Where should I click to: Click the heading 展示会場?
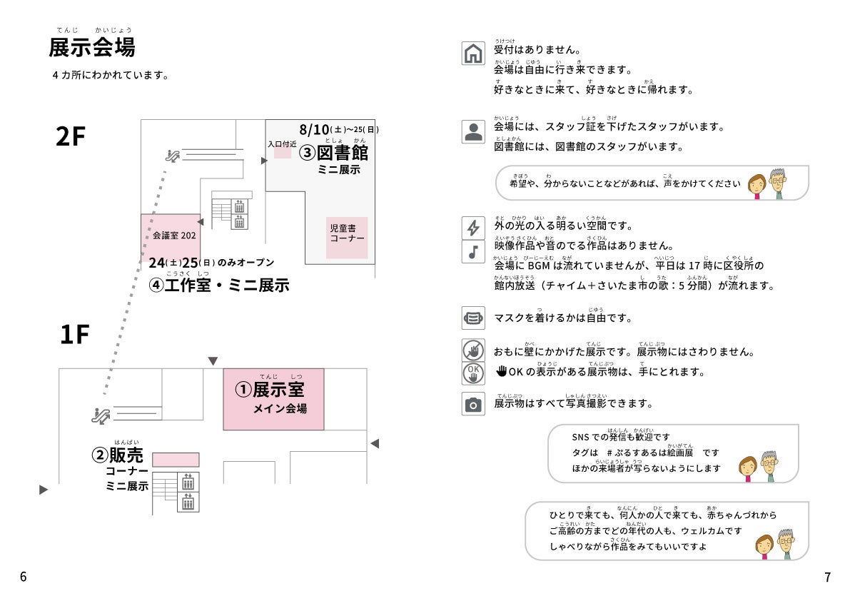click(91, 48)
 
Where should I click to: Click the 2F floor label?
click(71, 136)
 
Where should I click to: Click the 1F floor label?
click(74, 334)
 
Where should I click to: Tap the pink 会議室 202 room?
click(171, 234)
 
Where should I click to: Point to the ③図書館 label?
click(334, 152)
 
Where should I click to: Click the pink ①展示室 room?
click(273, 398)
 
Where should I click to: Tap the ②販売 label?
click(118, 455)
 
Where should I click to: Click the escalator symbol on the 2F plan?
click(171, 153)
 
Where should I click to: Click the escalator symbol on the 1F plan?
click(100, 413)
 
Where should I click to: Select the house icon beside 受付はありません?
click(472, 54)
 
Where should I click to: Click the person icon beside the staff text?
click(472, 132)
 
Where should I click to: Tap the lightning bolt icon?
click(472, 228)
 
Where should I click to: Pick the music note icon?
click(472, 252)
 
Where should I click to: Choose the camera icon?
click(472, 405)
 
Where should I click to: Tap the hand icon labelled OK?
click(472, 373)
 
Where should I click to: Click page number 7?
click(827, 577)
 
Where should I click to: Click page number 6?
click(23, 577)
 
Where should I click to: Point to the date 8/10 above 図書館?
click(314, 129)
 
